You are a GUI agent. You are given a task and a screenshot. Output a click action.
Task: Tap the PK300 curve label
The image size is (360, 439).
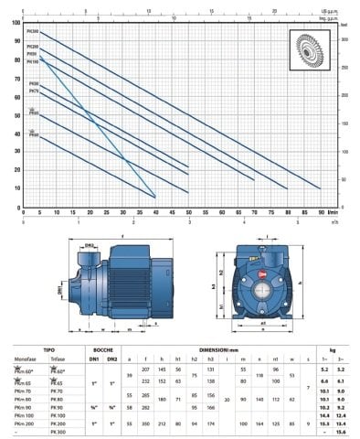(x=34, y=33)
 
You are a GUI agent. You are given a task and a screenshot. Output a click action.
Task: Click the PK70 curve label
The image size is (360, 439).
(x=34, y=91)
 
